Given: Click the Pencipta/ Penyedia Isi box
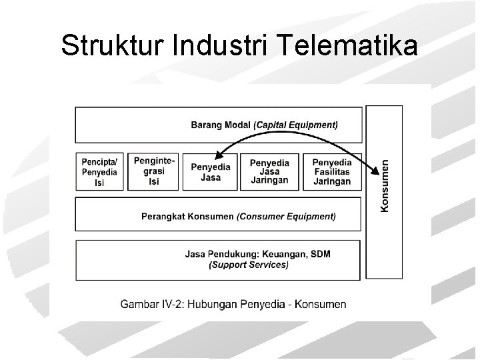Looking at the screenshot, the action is (x=100, y=172).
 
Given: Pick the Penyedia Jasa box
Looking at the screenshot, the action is (x=211, y=172).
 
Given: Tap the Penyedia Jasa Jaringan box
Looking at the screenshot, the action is (x=269, y=172).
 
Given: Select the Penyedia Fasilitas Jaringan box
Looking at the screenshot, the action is (x=331, y=172).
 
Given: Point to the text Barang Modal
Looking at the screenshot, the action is (x=221, y=124).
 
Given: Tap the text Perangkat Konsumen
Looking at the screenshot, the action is (x=187, y=217).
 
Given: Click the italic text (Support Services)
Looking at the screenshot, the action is (x=249, y=265).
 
